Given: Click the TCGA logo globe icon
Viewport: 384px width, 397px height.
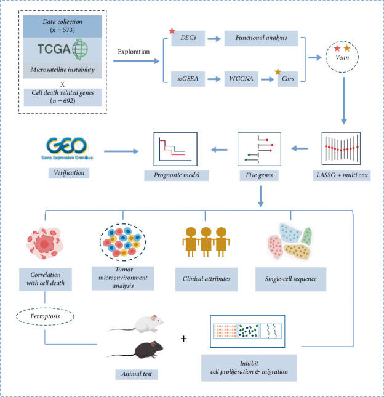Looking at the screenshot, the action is pos(80,49).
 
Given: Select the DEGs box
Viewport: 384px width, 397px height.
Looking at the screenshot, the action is pos(188,38).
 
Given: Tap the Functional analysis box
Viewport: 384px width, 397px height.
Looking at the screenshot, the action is pos(261,38).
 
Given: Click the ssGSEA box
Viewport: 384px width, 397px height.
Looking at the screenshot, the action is pos(188,79).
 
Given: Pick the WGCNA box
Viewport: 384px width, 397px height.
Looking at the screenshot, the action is pos(241,79).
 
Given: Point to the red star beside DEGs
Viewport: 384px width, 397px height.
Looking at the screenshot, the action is pos(172,31).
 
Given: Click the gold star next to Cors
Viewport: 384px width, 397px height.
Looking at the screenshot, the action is pos(278,71).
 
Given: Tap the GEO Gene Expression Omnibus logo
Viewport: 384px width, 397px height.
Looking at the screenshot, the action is pos(67,148).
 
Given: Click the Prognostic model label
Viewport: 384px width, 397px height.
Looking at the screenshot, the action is pos(177,175).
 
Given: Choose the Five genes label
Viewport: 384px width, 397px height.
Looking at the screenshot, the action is pos(259,175).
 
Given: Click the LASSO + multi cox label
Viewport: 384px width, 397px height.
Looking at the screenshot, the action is pos(342,175).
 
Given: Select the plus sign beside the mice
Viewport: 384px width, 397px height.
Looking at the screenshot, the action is pos(184,339).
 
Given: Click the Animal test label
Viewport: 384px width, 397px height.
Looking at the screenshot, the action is pos(137,374).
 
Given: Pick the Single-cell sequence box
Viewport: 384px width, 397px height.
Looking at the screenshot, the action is pos(291,279).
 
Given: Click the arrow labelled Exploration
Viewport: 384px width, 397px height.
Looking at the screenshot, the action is pos(137,61).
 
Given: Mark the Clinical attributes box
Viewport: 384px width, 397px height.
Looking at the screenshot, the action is pos(206,279).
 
